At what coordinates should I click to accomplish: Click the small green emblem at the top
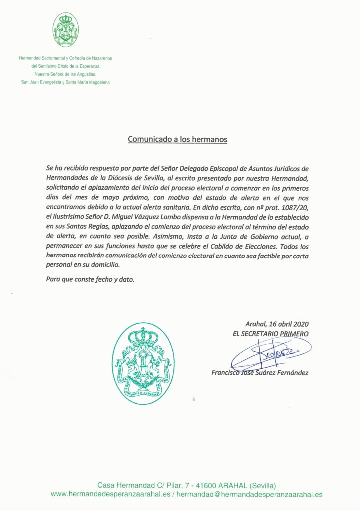click(65, 30)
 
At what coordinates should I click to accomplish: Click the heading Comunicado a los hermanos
click(177, 139)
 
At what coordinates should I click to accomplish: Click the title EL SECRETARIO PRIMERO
click(270, 333)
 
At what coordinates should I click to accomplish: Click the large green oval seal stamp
click(143, 363)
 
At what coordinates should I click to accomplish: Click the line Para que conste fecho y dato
click(90, 279)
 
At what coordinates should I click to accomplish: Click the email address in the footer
click(250, 494)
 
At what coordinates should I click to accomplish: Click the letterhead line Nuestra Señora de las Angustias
click(65, 74)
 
